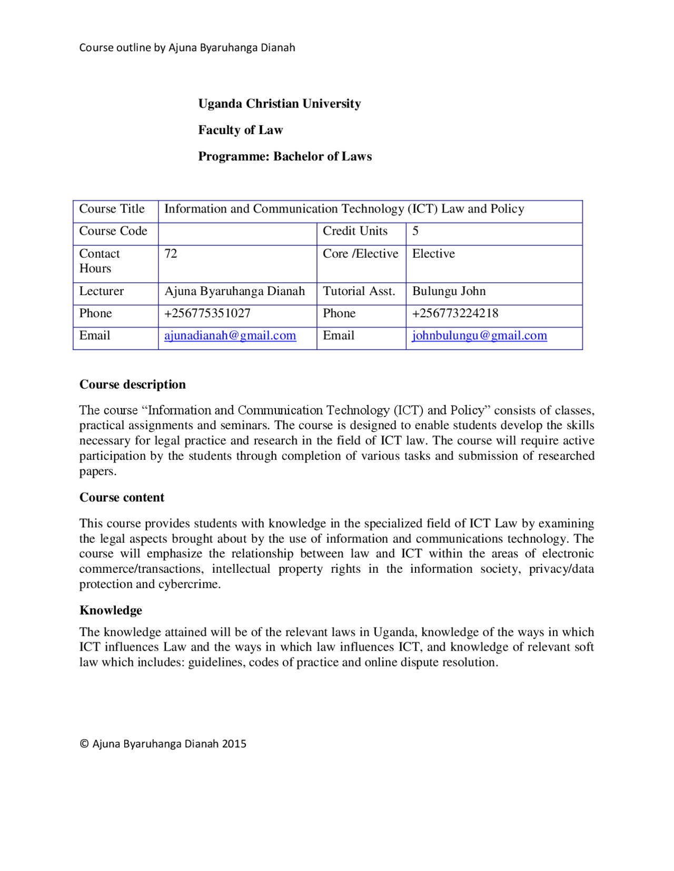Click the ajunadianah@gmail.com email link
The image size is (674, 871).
coord(230,336)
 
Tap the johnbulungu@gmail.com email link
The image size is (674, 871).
coord(479,336)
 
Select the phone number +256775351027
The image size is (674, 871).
coord(207,313)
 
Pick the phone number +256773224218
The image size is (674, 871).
coord(455,313)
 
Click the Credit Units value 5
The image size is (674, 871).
coord(415,231)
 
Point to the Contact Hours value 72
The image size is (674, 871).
coord(171,254)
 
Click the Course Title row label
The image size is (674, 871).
coord(112,209)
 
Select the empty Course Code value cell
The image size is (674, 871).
coord(237,234)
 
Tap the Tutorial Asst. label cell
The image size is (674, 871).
coord(359,291)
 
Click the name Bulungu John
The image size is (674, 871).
coord(449,291)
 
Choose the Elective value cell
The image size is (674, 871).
coord(433,254)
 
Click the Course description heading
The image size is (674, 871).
coord(132,384)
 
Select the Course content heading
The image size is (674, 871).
coord(122,498)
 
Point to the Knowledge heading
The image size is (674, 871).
coord(111,610)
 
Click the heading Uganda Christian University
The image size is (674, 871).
coord(279,104)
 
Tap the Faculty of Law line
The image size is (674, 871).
coord(240,130)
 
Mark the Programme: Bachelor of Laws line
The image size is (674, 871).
coord(284,156)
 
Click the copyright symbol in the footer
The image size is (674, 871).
coord(84,744)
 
